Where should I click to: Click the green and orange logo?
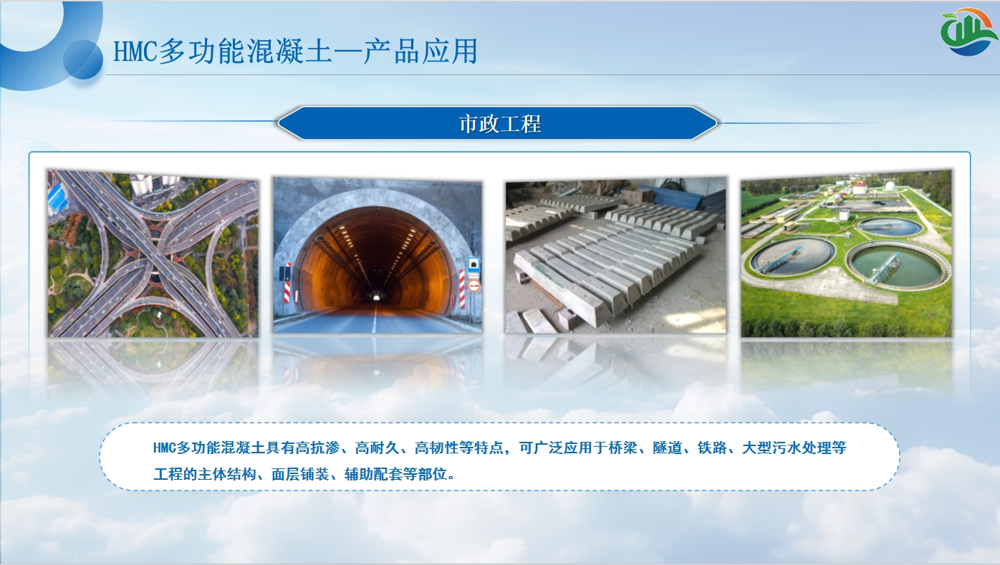tap(968, 32)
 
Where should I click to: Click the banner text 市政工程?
tap(500, 124)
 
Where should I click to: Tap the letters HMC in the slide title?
tap(135, 51)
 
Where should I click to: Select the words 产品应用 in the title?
tap(420, 51)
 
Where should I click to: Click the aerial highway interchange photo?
tap(153, 253)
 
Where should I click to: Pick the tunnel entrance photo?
tap(378, 255)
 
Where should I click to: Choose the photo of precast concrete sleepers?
tap(615, 255)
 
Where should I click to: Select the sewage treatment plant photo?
tap(847, 253)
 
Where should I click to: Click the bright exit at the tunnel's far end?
tap(376, 297)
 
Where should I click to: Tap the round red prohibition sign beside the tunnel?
tap(473, 286)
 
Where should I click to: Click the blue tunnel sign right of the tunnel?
tap(473, 264)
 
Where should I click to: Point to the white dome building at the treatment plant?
tap(890, 185)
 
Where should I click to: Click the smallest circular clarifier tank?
tap(889, 227)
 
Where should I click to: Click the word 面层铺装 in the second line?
tap(300, 474)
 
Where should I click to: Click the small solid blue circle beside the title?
tap(83, 60)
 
